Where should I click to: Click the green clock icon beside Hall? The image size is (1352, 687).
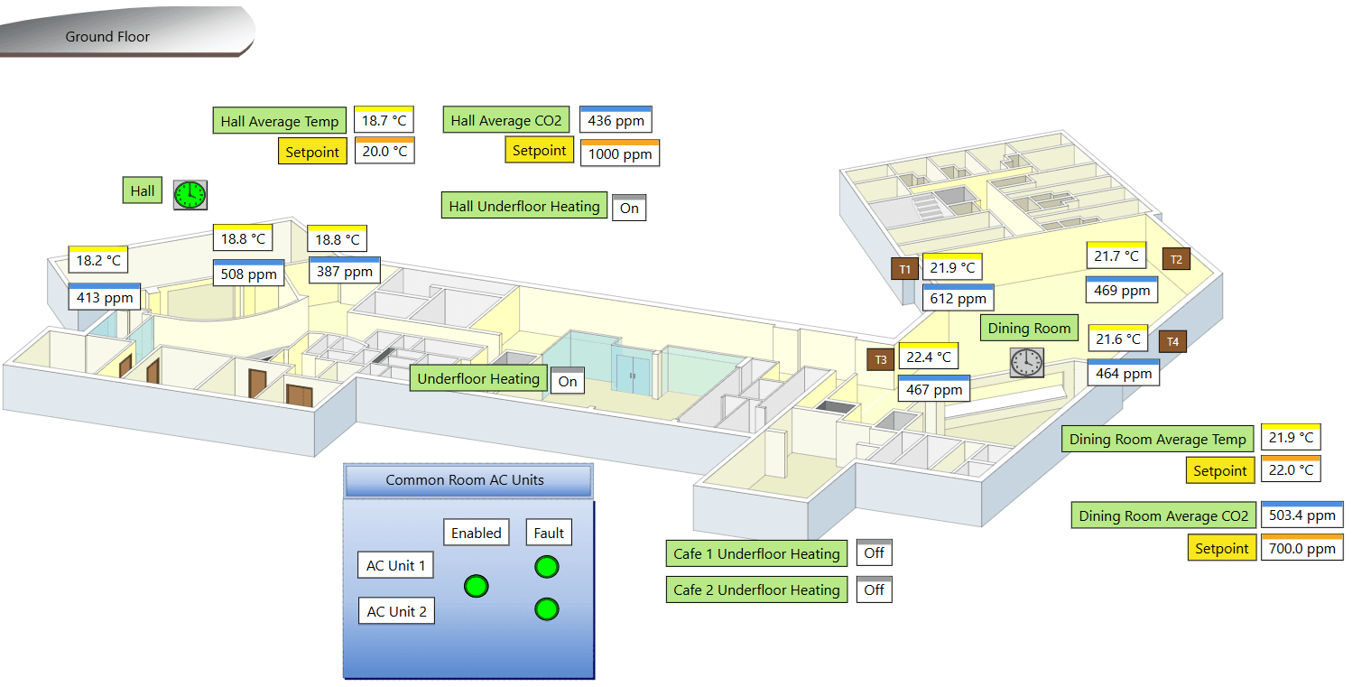(x=190, y=194)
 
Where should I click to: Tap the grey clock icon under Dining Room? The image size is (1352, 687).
(x=1026, y=362)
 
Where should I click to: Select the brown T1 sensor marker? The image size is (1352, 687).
(x=904, y=268)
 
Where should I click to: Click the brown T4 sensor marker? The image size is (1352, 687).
(x=1172, y=341)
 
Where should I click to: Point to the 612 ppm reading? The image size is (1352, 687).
(x=958, y=299)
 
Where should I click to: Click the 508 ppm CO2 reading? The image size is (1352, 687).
(x=248, y=274)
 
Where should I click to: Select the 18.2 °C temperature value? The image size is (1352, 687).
(x=97, y=261)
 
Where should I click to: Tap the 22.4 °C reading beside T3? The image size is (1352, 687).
(x=928, y=357)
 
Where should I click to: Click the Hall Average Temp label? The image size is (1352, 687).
(x=280, y=121)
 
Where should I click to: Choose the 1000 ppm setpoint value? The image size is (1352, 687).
(x=619, y=154)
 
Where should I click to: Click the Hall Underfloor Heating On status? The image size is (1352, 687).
(x=629, y=209)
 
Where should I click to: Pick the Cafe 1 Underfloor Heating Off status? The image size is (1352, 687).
(x=874, y=553)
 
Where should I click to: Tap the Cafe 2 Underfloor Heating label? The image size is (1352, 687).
(x=756, y=590)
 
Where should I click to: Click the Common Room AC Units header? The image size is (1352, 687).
(x=468, y=480)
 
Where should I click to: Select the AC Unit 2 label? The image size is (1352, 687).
(x=396, y=611)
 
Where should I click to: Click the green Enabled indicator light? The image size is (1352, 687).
(x=477, y=586)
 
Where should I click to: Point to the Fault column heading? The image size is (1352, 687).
(x=549, y=533)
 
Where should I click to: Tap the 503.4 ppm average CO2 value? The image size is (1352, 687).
(x=1301, y=516)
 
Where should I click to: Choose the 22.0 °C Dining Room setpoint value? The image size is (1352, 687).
(x=1291, y=470)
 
